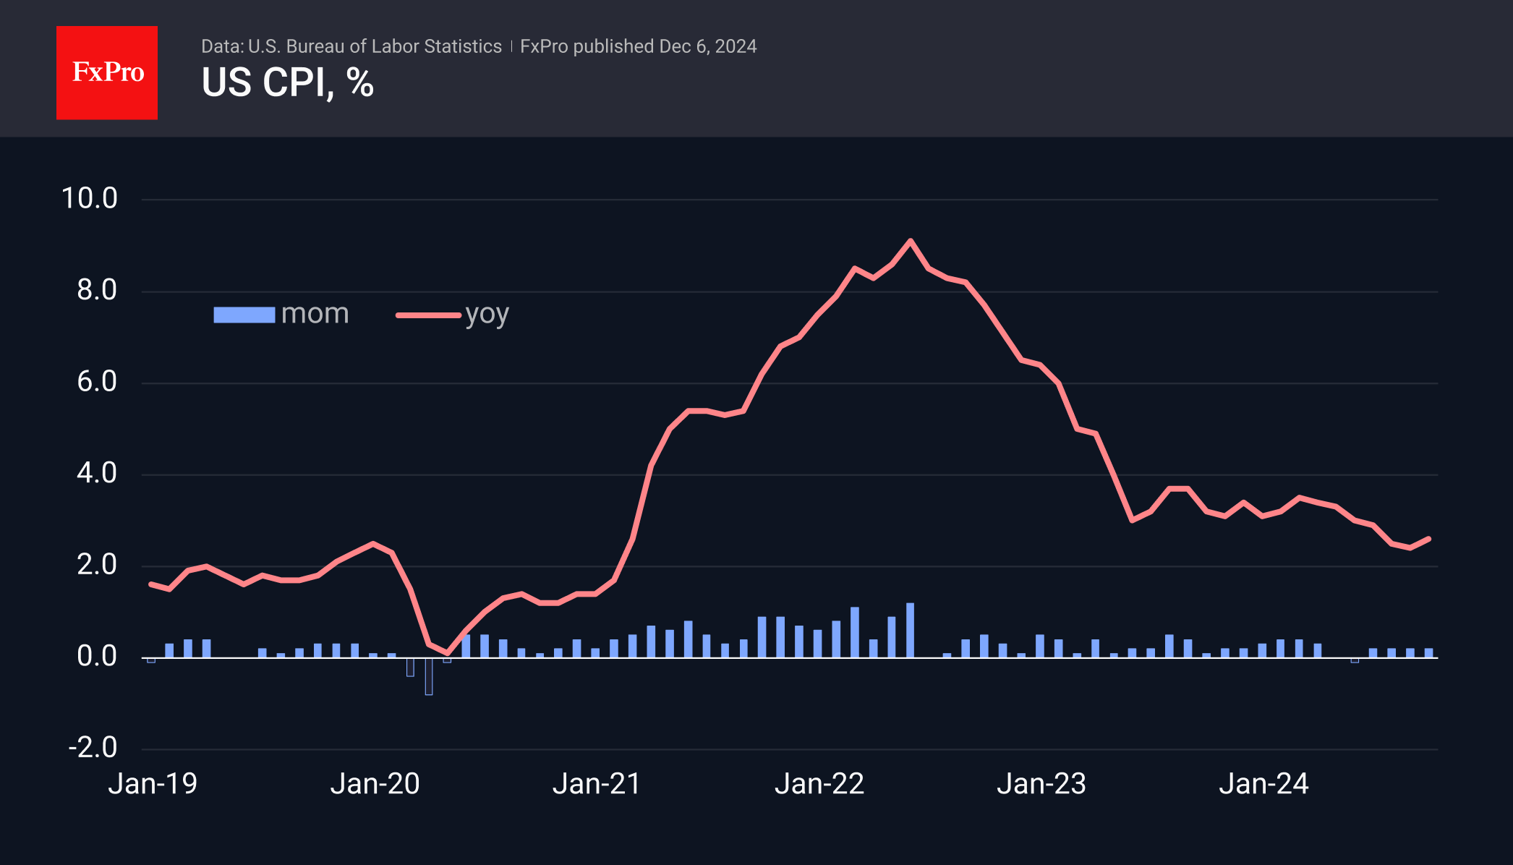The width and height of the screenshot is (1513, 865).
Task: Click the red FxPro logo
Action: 107,72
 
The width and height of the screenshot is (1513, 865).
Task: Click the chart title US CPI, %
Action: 287,82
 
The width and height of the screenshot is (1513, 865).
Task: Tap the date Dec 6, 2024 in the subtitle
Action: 707,46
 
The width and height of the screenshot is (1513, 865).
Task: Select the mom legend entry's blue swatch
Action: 244,315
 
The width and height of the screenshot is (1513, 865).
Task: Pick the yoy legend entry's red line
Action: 428,315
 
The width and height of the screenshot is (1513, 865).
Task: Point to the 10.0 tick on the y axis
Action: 90,198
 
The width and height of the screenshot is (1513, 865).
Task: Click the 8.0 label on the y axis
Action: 97,290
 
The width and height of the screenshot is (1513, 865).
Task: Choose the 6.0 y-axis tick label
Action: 97,382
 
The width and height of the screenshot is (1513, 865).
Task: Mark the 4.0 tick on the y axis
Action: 97,473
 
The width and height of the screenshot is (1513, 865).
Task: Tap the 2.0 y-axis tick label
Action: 97,565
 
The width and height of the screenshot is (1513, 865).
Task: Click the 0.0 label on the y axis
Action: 97,656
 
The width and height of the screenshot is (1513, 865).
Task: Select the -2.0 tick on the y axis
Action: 93,747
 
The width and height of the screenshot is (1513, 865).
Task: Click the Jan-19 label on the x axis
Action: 153,784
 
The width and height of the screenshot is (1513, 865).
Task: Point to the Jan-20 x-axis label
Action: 375,784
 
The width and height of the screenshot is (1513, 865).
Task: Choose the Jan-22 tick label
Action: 819,784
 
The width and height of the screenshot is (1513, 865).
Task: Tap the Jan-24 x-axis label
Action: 1263,784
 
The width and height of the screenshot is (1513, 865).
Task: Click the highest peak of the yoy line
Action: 910,241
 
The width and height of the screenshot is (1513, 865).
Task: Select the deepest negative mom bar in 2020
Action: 429,677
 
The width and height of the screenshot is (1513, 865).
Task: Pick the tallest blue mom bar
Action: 910,630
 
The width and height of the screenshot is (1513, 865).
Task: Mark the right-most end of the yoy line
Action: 1428,539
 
